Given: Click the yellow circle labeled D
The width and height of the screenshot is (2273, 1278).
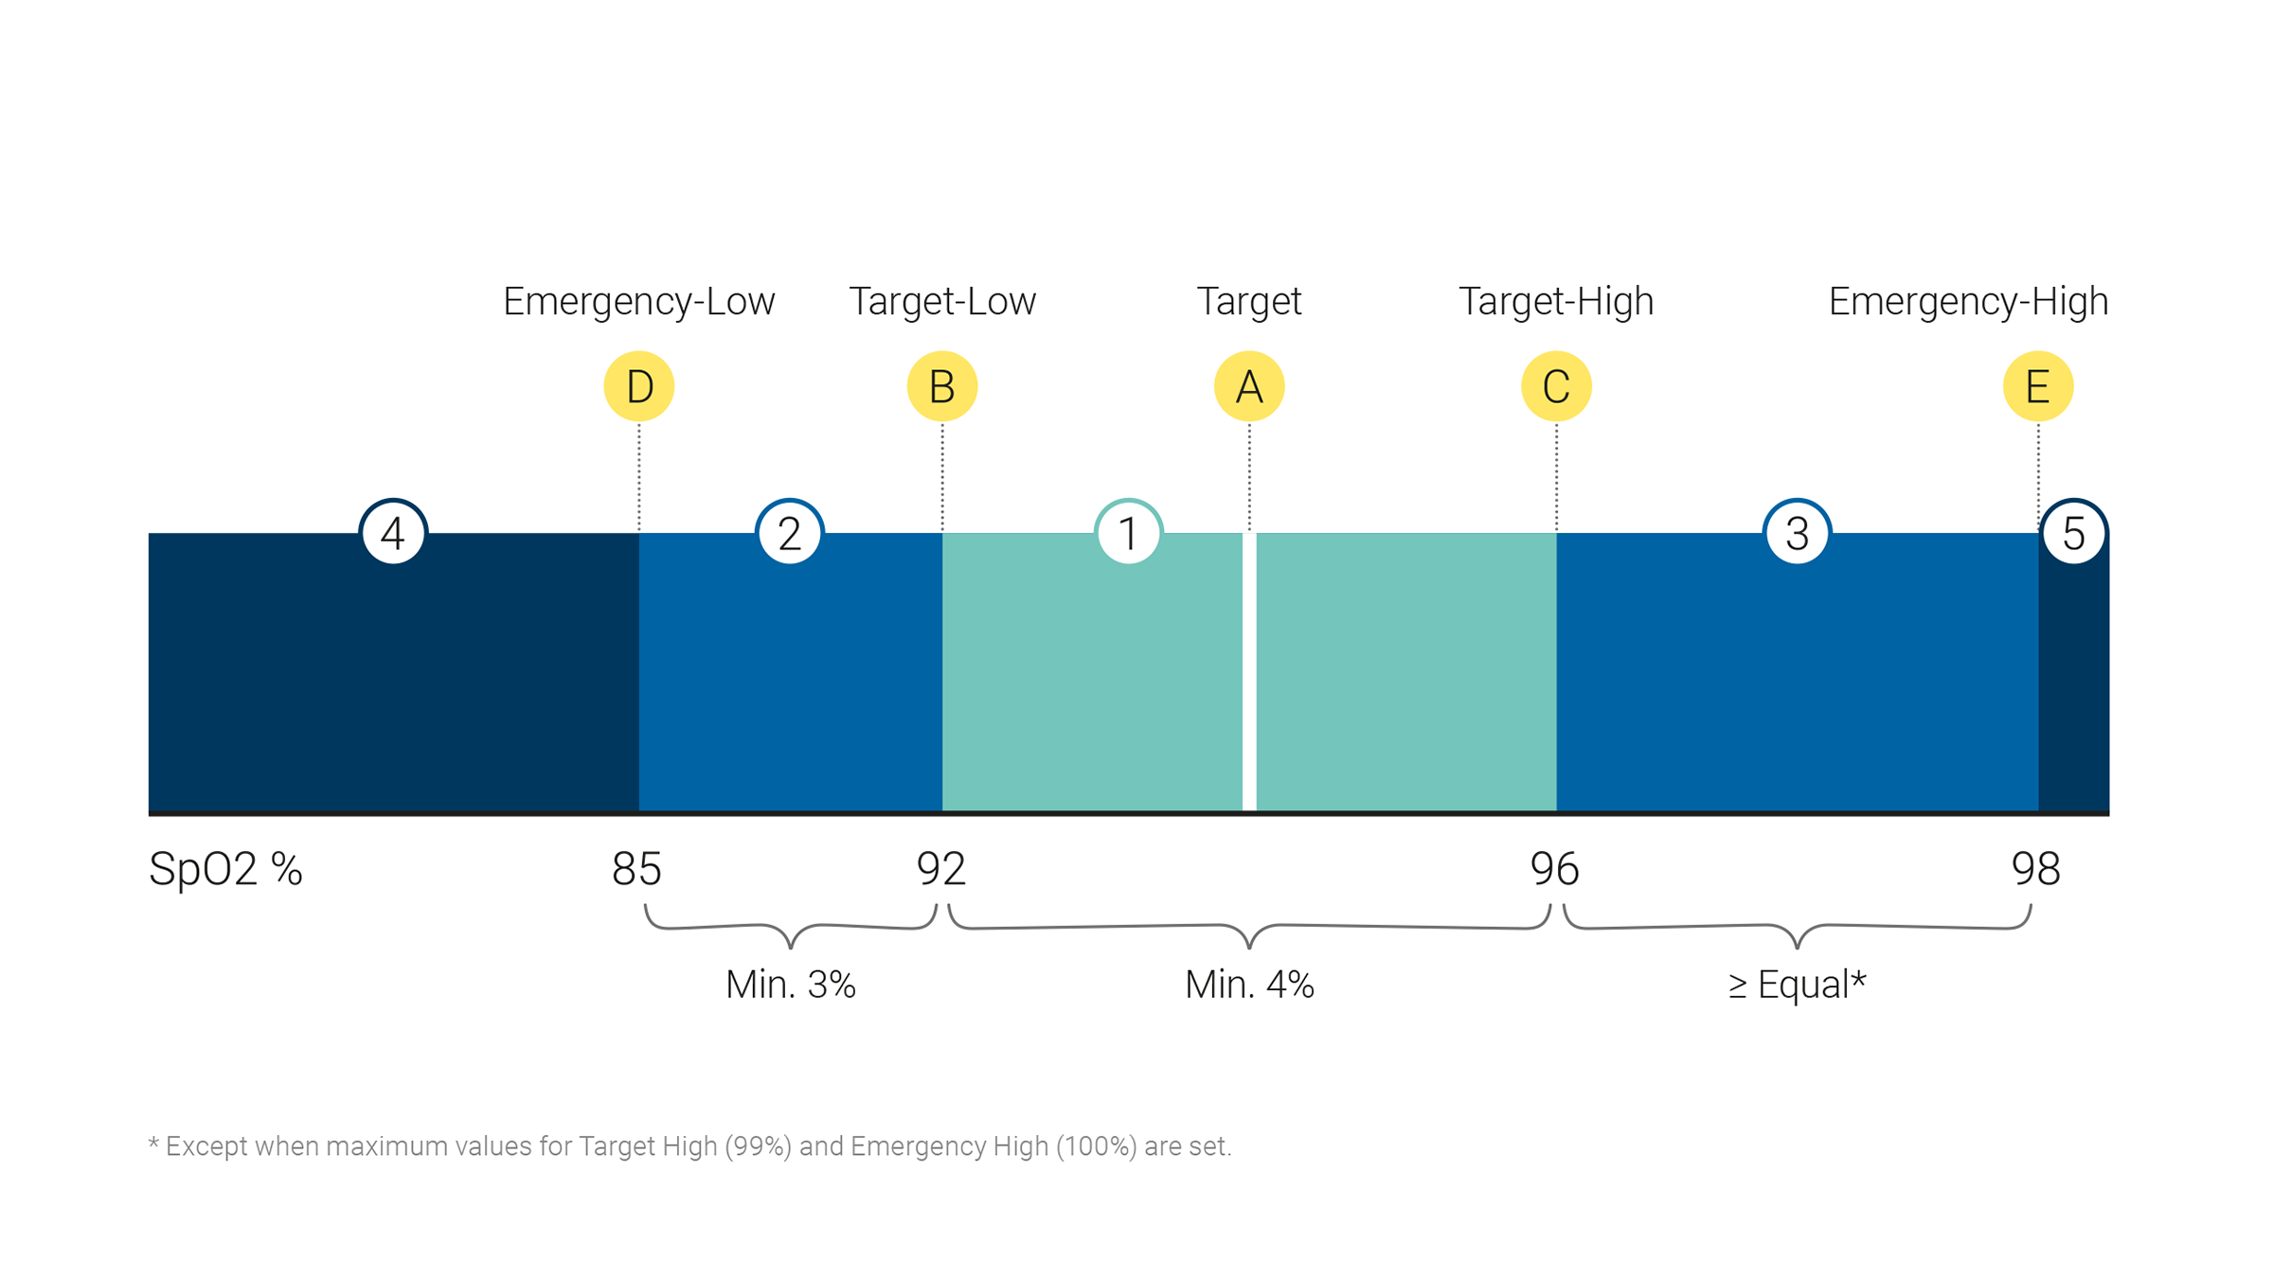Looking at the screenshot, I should [638, 386].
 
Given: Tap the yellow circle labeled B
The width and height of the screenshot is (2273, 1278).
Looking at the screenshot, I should [941, 386].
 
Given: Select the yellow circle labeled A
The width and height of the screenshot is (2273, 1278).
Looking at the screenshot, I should [1248, 386].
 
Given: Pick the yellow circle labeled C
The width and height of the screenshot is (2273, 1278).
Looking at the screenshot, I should [1556, 386].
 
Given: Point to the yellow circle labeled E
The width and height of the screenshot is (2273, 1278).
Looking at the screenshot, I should [2037, 386].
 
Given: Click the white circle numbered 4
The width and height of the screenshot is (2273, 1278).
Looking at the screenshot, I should [393, 533].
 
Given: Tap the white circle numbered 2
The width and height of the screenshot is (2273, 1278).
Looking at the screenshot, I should [789, 533].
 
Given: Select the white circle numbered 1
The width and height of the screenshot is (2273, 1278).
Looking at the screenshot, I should [1128, 533].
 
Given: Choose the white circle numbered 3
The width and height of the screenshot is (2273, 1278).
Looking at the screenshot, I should [1797, 533].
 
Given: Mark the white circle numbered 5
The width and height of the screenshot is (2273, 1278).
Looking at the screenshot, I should [2073, 533].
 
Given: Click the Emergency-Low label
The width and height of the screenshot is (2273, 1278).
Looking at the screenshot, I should [638, 301].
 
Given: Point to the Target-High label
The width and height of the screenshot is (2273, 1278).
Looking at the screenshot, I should [1556, 301].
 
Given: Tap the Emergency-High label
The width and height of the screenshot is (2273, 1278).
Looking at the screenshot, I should [1967, 301].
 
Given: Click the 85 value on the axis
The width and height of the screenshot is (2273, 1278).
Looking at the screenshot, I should [636, 868].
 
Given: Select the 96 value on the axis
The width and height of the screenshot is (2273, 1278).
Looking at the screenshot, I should [1554, 868].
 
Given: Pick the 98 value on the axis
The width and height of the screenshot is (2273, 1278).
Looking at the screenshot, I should [2035, 868].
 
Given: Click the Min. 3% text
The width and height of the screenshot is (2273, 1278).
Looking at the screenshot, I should [790, 985].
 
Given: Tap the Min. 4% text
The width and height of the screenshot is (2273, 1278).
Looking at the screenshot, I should [1248, 985].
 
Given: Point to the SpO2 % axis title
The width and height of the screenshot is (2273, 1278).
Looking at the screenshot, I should [225, 869].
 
